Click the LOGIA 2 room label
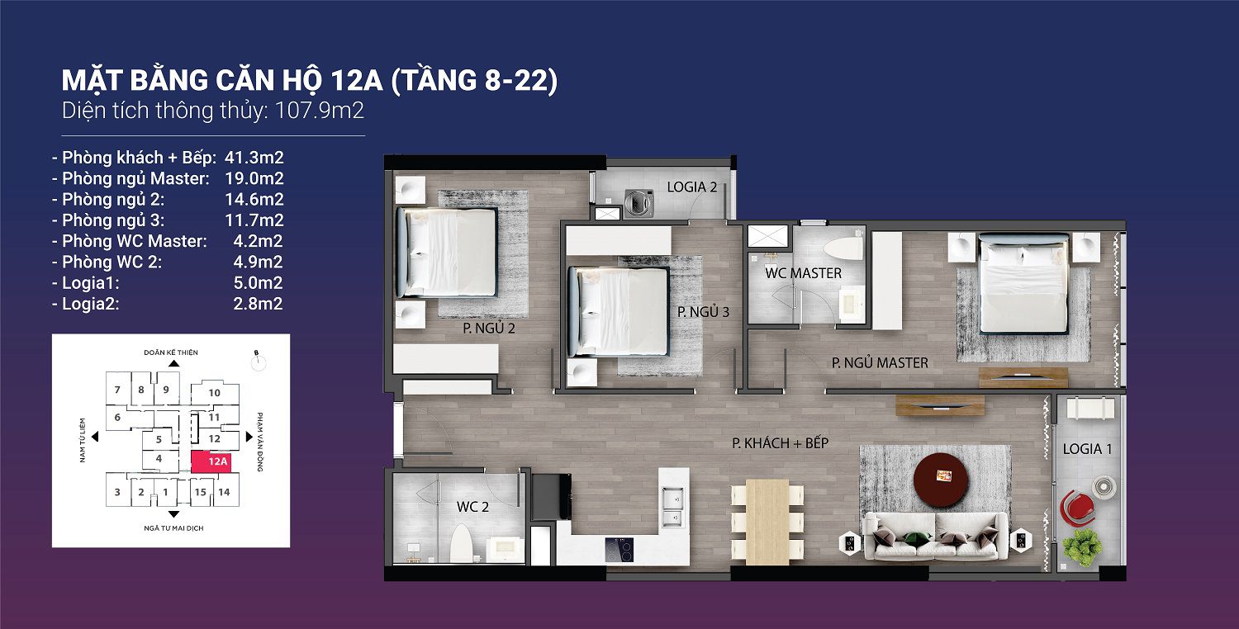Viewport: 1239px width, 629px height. (692, 187)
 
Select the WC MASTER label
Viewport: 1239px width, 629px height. (803, 273)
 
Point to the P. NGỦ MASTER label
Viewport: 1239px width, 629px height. (880, 362)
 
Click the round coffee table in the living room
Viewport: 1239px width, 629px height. (942, 478)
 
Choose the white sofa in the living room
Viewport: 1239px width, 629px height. (935, 536)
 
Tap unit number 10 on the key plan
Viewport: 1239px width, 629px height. (214, 393)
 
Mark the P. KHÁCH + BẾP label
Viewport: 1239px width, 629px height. (780, 443)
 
